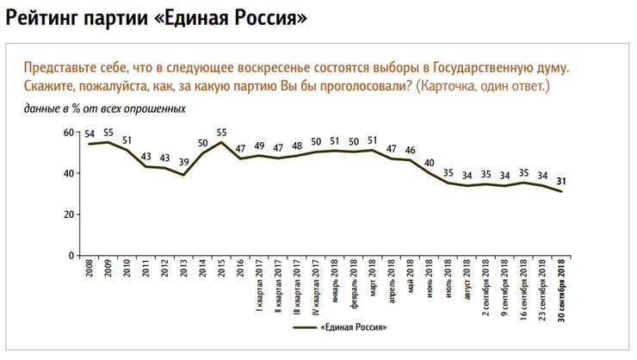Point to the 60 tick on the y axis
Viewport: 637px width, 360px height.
point(72,132)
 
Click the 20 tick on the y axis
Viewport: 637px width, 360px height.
point(72,214)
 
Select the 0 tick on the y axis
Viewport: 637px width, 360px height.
point(75,256)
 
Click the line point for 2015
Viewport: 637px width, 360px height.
point(221,142)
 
